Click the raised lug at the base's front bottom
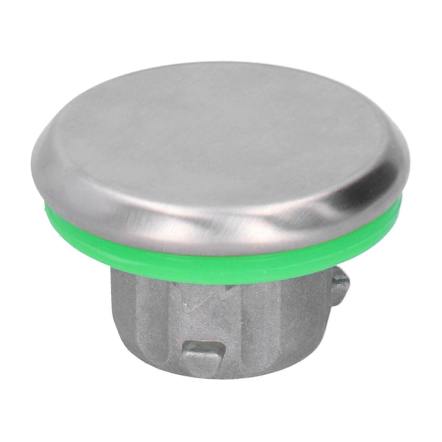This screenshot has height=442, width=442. [203, 349]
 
